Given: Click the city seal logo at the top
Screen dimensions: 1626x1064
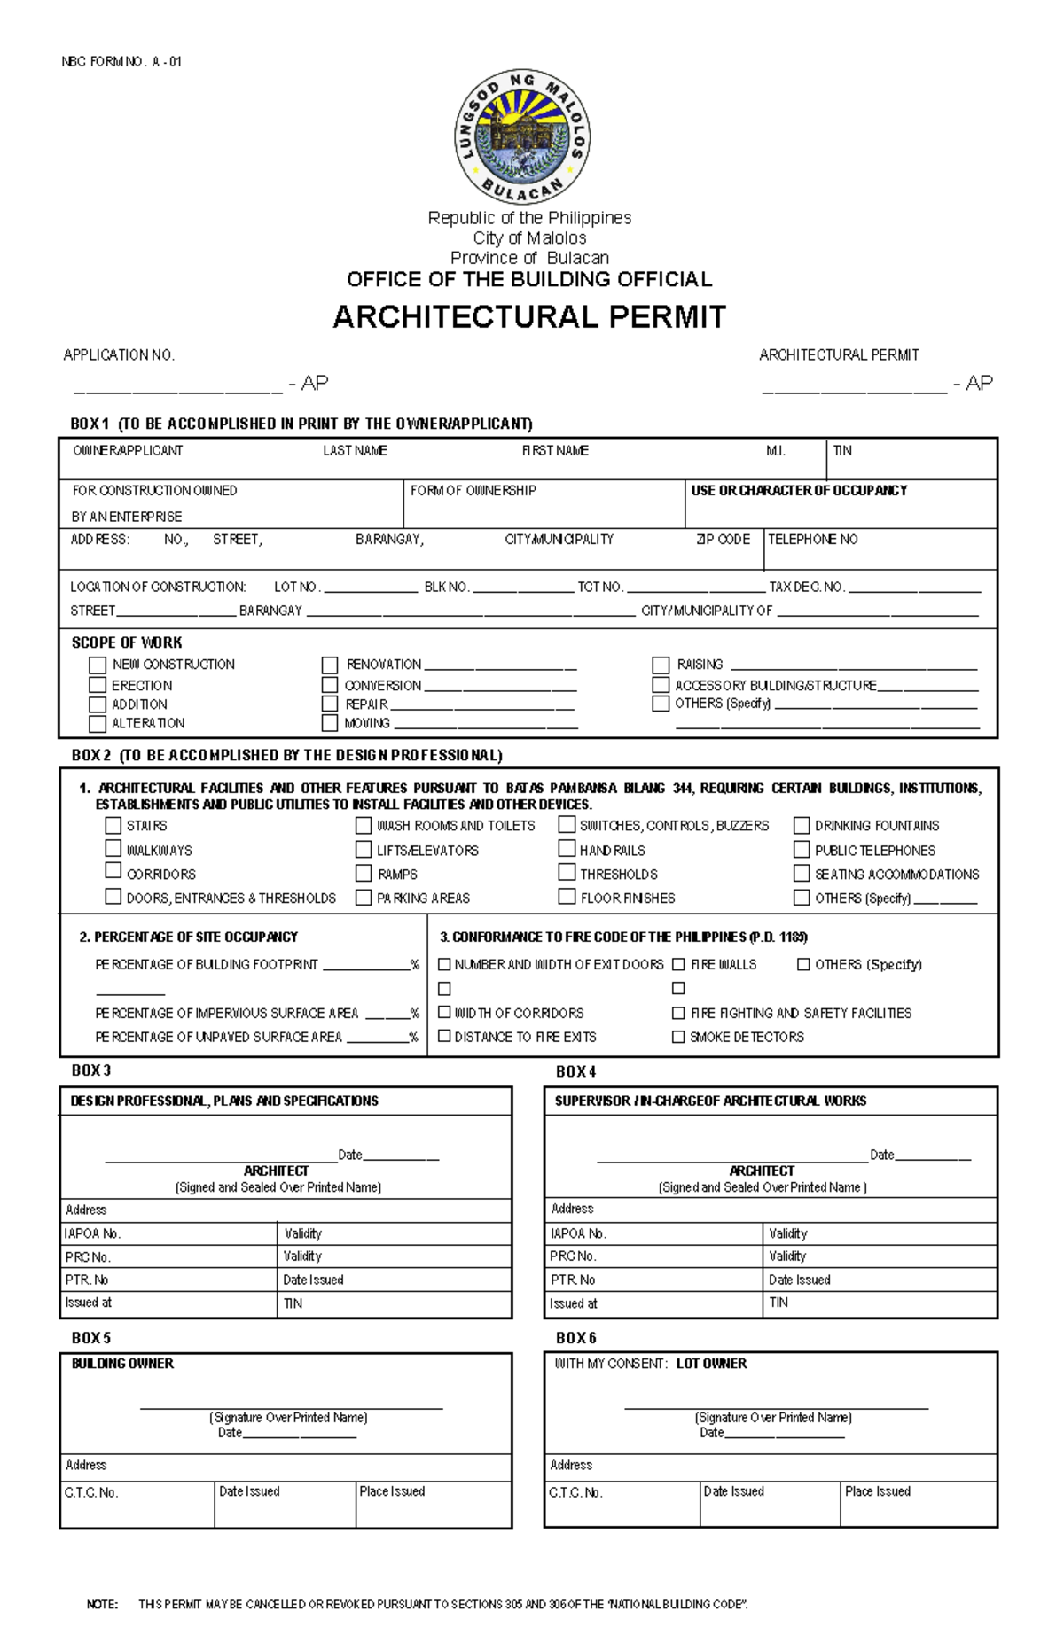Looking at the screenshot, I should point(522,137).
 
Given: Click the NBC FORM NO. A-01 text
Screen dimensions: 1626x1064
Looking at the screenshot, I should point(121,62).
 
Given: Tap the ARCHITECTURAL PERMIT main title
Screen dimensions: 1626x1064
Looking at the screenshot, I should point(529,317).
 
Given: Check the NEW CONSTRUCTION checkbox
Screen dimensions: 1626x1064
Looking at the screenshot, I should point(98,665).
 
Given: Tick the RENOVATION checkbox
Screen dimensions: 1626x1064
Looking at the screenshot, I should point(330,665).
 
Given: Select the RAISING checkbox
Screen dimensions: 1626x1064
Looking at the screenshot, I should point(661,665).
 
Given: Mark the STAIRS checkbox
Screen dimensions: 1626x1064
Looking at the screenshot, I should point(113,825).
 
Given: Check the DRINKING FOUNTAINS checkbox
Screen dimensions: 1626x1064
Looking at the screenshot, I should point(802,825).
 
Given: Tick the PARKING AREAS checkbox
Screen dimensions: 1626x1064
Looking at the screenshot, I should point(364,898).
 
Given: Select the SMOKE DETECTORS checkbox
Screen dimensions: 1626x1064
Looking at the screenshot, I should point(678,1037).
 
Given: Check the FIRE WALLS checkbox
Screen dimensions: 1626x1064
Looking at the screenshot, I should point(678,964).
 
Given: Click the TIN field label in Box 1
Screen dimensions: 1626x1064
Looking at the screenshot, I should point(842,450).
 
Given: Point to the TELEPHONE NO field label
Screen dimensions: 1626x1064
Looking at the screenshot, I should point(813,539).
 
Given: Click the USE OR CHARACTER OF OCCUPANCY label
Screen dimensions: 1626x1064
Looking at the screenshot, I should point(799,490).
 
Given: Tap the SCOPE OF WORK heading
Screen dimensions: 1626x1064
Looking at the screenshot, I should point(127,642).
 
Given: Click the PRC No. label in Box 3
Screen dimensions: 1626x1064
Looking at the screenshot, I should point(88,1256).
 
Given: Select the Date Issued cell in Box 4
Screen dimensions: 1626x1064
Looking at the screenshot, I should point(800,1280).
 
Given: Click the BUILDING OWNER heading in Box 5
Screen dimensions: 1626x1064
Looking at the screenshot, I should point(122,1364).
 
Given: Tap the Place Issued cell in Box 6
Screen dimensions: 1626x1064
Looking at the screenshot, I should point(878,1491).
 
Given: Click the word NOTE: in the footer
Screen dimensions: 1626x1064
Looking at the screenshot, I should point(102,1604).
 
